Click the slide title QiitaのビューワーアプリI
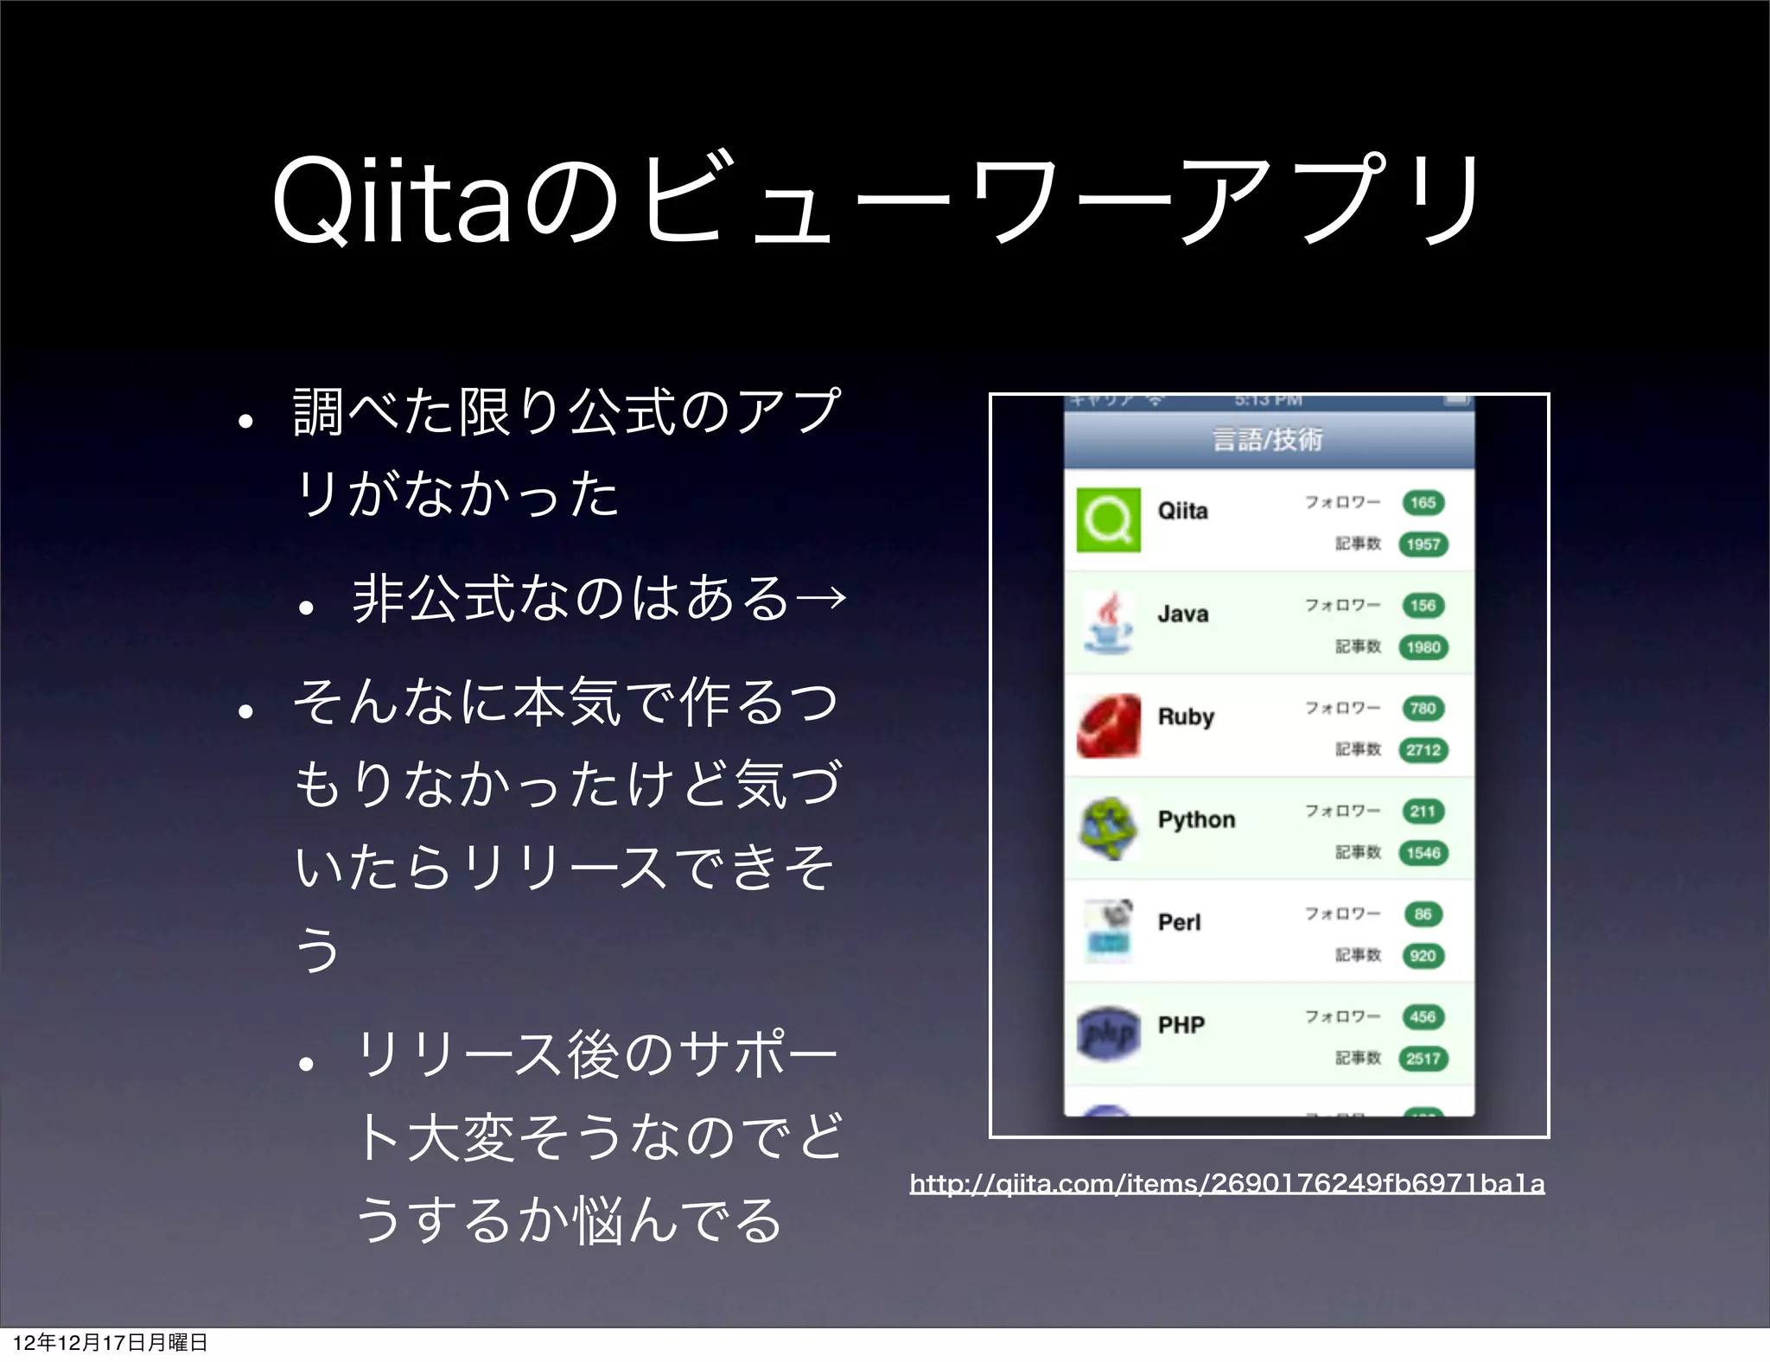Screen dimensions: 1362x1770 [x=876, y=200]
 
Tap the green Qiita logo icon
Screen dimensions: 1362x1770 [x=1108, y=520]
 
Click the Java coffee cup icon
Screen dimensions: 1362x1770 [x=1108, y=623]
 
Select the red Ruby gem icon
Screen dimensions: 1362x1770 [x=1108, y=726]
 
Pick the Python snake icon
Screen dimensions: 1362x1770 [x=1108, y=829]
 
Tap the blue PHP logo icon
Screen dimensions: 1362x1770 [x=1108, y=1033]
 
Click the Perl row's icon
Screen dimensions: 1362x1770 [x=1108, y=931]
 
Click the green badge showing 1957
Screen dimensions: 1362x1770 [x=1423, y=544]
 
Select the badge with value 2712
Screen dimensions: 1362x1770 [x=1423, y=750]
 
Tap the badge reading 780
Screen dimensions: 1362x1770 [x=1423, y=709]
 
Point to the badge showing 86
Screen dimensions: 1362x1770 [x=1423, y=914]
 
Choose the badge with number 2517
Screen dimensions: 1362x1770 [x=1423, y=1059]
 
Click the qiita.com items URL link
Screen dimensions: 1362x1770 [x=1226, y=1183]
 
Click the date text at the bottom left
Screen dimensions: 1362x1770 [x=110, y=1342]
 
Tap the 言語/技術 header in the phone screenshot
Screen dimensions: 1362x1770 [x=1268, y=440]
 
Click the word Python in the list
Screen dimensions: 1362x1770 [x=1196, y=819]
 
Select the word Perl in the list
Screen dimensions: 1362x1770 [x=1179, y=922]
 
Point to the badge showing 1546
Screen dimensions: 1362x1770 [x=1423, y=853]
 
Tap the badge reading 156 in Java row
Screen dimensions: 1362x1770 [x=1423, y=606]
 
